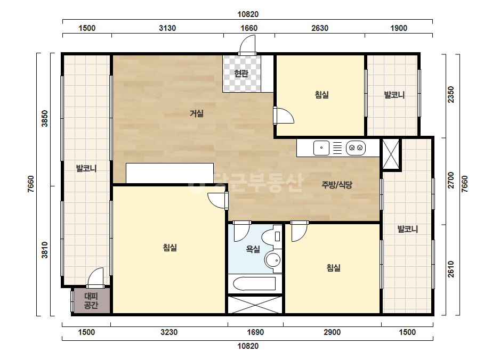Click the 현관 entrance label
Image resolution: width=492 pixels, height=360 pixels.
(241, 73)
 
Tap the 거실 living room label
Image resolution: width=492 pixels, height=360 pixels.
(196, 113)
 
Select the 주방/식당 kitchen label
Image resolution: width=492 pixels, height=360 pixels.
(337, 185)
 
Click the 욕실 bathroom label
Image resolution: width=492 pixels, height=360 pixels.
(253, 249)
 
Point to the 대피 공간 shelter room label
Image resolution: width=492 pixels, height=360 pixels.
(91, 301)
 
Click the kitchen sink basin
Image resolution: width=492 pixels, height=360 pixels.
(321, 148)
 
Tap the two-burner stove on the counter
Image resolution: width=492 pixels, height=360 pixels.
(356, 148)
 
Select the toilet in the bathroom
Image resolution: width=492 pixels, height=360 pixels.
(272, 236)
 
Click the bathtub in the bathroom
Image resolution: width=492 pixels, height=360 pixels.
(254, 283)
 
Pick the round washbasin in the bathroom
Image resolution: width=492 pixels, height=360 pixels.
(273, 260)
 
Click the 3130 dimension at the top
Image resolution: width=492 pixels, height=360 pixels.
(167, 28)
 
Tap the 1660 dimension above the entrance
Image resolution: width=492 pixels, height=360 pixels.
(249, 28)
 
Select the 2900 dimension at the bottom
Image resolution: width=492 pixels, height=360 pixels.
(332, 332)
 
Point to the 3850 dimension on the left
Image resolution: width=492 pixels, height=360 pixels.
(45, 119)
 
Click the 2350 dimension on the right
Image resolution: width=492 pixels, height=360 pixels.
(451, 94)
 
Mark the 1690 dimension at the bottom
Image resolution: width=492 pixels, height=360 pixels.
(255, 332)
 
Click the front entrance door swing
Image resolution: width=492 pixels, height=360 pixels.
(247, 45)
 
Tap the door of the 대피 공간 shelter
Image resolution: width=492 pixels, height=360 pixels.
(95, 277)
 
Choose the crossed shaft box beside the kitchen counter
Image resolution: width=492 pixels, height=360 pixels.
(391, 154)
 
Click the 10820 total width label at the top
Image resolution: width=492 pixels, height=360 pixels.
(248, 14)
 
